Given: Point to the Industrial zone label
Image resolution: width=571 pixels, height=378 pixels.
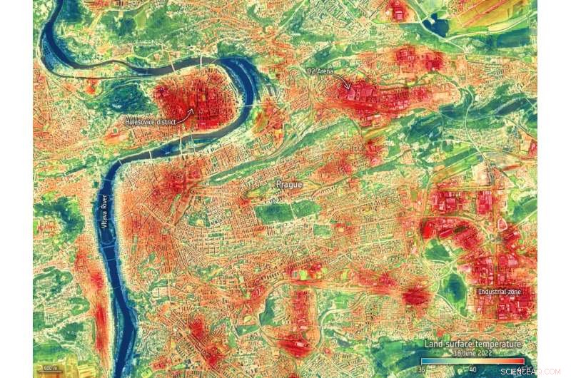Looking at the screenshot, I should pos(500,292).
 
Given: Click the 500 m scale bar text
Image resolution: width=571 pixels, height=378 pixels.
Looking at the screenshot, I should pos(50,369).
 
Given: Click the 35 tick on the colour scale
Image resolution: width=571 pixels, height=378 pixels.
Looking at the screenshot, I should pos(422,369).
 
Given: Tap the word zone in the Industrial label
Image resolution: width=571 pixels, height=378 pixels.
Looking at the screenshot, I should pos(513,292).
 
